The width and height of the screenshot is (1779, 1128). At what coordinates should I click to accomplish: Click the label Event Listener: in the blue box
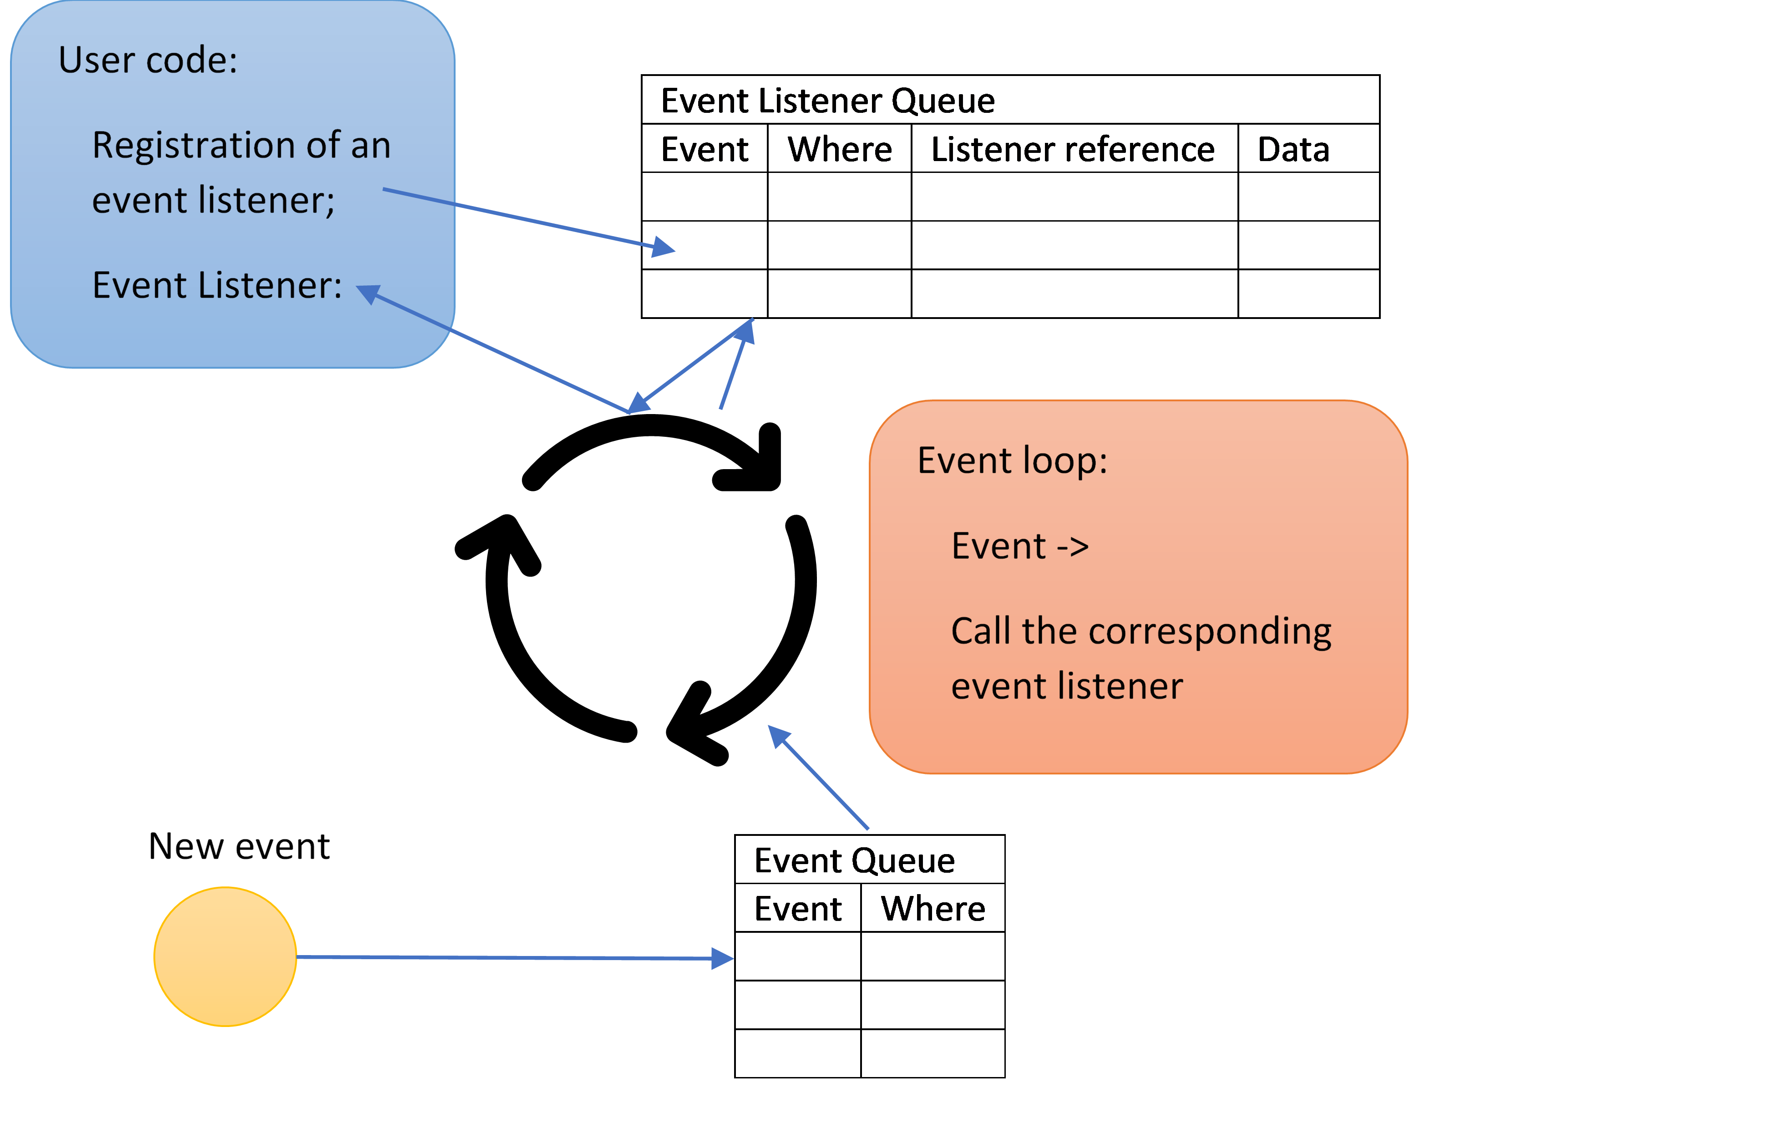[x=217, y=285]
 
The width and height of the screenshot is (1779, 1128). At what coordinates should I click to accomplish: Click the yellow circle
[x=225, y=956]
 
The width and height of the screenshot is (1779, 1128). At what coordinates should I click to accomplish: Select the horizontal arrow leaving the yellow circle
[x=510, y=957]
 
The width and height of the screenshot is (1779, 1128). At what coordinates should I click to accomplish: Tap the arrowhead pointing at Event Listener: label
[x=368, y=293]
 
